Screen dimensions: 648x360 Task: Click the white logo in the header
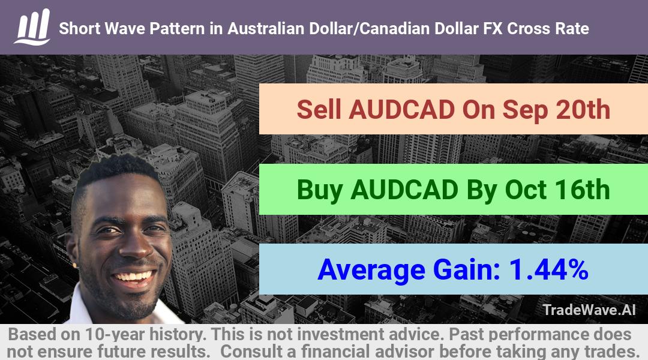pyautogui.click(x=32, y=27)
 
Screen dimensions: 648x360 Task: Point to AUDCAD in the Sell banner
pyautogui.click(x=402, y=110)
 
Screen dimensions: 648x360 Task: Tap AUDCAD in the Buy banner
pyautogui.click(x=404, y=190)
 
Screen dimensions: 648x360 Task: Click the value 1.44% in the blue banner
pyautogui.click(x=549, y=269)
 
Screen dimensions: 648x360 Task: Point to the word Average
pyautogui.click(x=371, y=269)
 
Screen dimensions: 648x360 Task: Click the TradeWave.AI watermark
pyautogui.click(x=589, y=310)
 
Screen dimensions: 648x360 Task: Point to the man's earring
pyautogui.click(x=76, y=263)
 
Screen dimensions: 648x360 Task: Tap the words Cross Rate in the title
pyautogui.click(x=548, y=29)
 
